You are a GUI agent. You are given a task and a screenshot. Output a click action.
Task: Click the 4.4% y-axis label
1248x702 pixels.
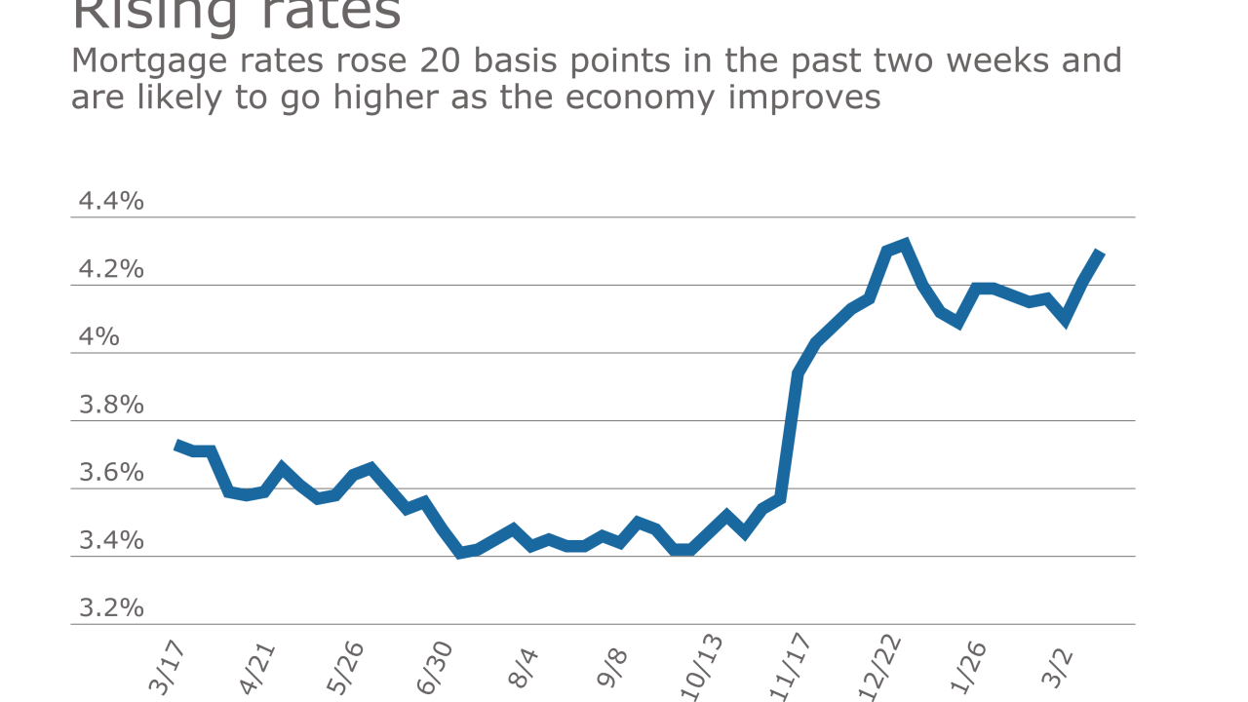tap(111, 202)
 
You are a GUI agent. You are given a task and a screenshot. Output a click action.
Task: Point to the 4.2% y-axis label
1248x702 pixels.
tap(111, 269)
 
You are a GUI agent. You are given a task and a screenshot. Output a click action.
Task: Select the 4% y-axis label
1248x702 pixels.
tap(98, 337)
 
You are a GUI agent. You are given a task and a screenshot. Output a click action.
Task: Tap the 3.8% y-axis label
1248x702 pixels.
tap(111, 405)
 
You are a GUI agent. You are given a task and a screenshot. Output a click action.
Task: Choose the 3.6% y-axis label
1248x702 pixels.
tap(111, 473)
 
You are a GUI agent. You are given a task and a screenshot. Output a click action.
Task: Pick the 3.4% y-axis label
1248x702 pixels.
tap(111, 540)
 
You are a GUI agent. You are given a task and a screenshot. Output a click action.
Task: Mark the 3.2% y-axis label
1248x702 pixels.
tap(111, 608)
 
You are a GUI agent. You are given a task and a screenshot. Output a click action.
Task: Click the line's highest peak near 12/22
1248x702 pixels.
tap(904, 244)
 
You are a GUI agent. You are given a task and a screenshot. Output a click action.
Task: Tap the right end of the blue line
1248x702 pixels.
tap(1100, 253)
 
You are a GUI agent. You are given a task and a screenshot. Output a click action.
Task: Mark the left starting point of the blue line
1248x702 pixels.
tap(176, 445)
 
